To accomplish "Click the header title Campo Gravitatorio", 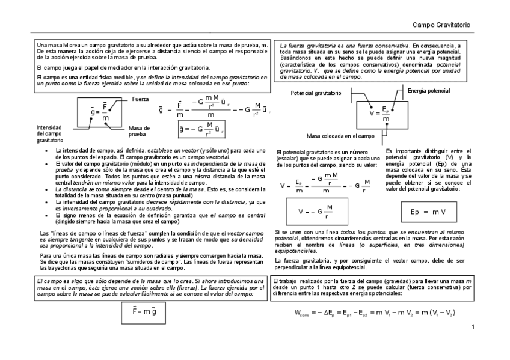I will pyautogui.click(x=441, y=25).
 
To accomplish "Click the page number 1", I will pyautogui.click(x=473, y=327).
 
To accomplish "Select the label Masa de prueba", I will pyautogui.click(x=140, y=130).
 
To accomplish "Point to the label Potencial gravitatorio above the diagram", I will pyautogui.click(x=316, y=93).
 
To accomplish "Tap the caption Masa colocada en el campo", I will pyautogui.click(x=340, y=136).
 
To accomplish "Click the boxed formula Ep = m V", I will pyautogui.click(x=428, y=212).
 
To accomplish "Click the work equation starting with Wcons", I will pyautogui.click(x=375, y=313).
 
